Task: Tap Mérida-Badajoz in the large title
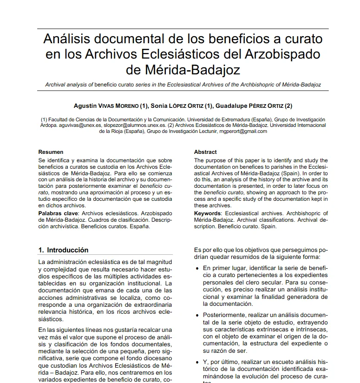coord(183,70)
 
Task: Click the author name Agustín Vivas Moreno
coord(111,106)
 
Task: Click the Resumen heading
coord(51,152)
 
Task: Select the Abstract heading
coord(205,152)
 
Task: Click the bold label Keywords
coord(207,213)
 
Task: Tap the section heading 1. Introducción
coord(63,250)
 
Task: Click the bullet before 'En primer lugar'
coord(198,269)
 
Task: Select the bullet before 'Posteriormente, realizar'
coord(198,315)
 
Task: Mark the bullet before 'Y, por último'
coord(198,362)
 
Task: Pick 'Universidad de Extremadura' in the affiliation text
coord(236,119)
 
